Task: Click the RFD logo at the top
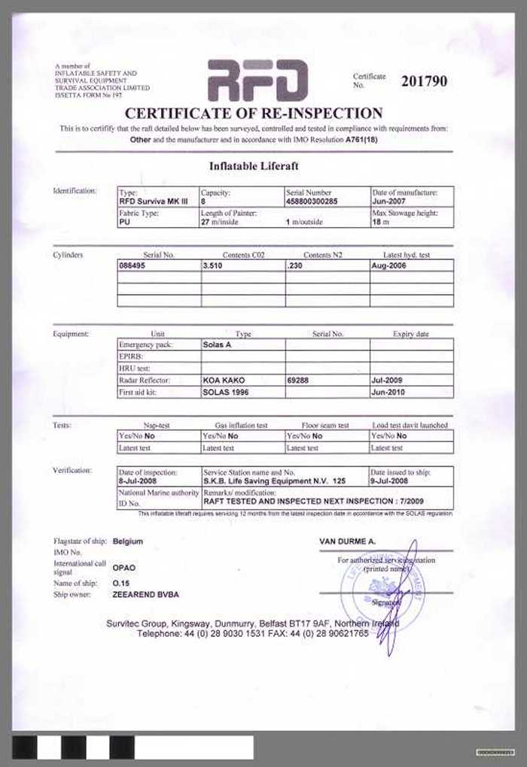(x=257, y=80)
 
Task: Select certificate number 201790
(x=424, y=81)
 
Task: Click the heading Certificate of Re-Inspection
(x=254, y=114)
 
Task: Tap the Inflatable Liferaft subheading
(x=253, y=165)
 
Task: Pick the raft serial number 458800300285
(x=313, y=202)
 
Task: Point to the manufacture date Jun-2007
(x=389, y=202)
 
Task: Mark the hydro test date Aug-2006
(x=389, y=265)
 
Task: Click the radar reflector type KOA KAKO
(x=224, y=380)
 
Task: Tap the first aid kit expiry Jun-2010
(x=388, y=393)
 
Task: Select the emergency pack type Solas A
(x=218, y=344)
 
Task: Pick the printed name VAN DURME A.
(x=347, y=541)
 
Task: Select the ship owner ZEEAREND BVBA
(x=146, y=594)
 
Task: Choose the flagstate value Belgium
(x=127, y=541)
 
